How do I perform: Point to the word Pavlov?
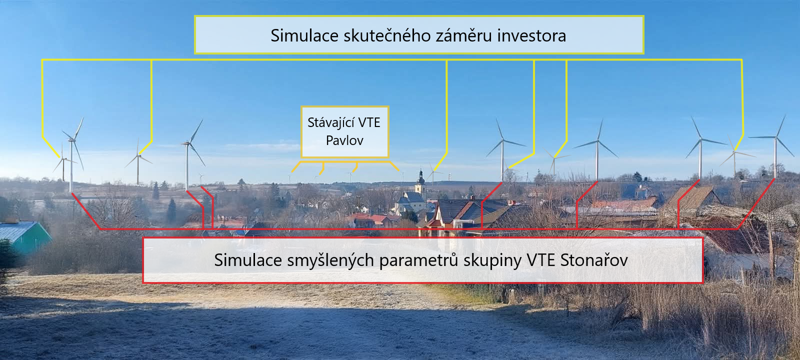click(x=344, y=140)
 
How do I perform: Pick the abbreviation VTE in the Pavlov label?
click(x=369, y=123)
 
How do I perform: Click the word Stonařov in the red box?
click(x=594, y=260)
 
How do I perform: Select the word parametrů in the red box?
click(x=418, y=260)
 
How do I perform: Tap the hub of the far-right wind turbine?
click(x=775, y=137)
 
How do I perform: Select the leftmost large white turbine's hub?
click(x=72, y=139)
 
